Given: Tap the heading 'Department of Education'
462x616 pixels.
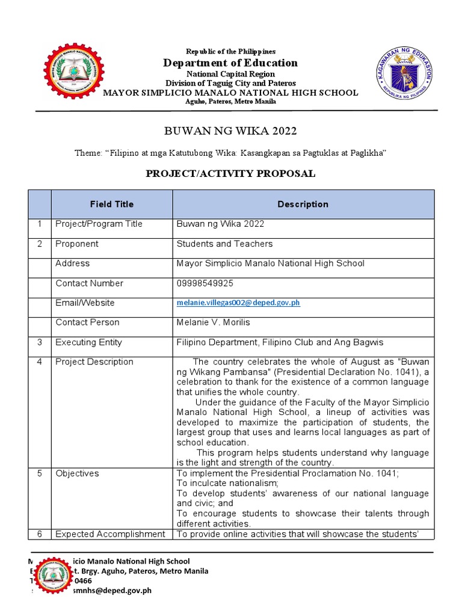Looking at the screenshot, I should pyautogui.click(x=231, y=63).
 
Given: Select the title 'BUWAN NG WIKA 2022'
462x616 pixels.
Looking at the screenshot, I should pyautogui.click(x=231, y=131).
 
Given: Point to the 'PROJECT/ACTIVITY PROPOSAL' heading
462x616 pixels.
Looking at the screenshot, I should pyautogui.click(x=231, y=174).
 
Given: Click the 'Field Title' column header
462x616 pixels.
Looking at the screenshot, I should pyautogui.click(x=112, y=205).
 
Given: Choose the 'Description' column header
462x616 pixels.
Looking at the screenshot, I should pyautogui.click(x=303, y=205).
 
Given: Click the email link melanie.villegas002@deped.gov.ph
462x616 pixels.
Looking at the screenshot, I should pyautogui.click(x=238, y=303).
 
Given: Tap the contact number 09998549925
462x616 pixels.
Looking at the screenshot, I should pyautogui.click(x=205, y=283).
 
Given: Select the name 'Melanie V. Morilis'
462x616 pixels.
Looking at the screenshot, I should pyautogui.click(x=213, y=323).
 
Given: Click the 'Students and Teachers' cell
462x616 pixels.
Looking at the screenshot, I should pyautogui.click(x=224, y=244).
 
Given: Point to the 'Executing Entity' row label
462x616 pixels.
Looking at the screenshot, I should pyautogui.click(x=88, y=343).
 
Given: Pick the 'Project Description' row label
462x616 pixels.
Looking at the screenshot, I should pyautogui.click(x=94, y=362).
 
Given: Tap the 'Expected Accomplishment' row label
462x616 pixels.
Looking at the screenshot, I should pyautogui.click(x=110, y=534).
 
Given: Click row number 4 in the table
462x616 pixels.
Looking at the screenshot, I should pyautogui.click(x=39, y=362).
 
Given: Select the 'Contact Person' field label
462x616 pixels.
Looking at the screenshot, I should pyautogui.click(x=87, y=323).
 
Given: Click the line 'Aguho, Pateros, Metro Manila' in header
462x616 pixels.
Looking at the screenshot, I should pyautogui.click(x=231, y=102).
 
